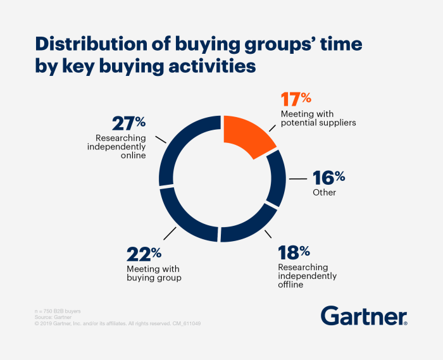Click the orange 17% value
296,99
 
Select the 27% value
128,123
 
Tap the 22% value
144,254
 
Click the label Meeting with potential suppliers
318,118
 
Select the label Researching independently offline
307,276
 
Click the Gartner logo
364,316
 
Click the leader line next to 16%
298,180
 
